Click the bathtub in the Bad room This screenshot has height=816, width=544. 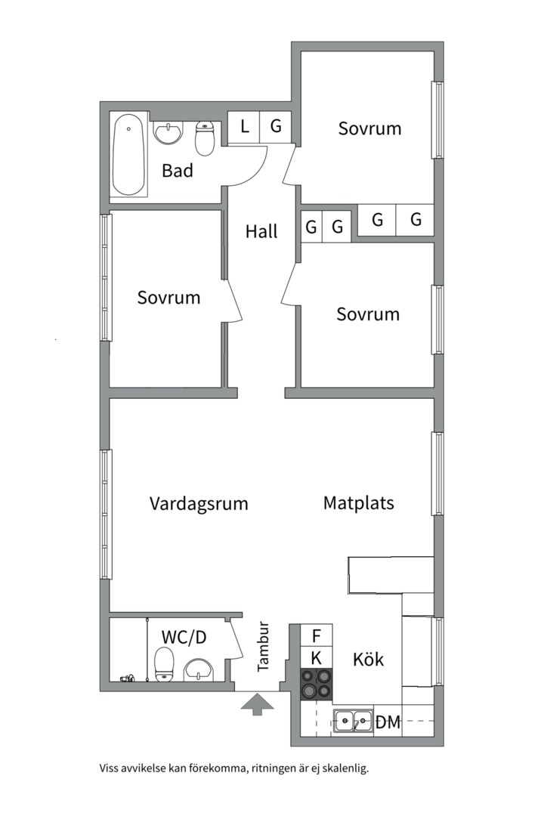[x=128, y=155]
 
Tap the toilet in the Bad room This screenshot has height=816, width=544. [x=205, y=138]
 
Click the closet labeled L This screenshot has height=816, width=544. [x=243, y=126]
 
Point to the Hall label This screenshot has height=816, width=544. [x=261, y=231]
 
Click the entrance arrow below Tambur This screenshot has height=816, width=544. [x=256, y=704]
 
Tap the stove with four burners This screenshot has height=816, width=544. [x=317, y=684]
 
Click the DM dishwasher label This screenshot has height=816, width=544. [x=388, y=722]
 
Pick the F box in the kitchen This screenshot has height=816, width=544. [x=316, y=635]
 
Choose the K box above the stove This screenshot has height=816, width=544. [x=316, y=658]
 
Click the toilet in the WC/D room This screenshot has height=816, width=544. [x=164, y=664]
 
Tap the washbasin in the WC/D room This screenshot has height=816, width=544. [x=199, y=669]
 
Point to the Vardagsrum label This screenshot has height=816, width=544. [x=199, y=504]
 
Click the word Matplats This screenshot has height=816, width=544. [x=359, y=503]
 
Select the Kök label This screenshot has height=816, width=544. [x=368, y=660]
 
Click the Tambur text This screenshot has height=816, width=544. [x=263, y=646]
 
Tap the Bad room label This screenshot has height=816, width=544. [x=178, y=171]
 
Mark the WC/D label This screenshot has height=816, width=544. [x=184, y=636]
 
